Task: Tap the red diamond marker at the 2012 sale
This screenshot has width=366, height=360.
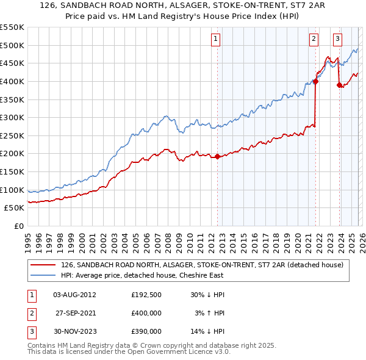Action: coord(217,156)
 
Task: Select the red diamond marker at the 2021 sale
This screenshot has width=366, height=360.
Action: coord(316,81)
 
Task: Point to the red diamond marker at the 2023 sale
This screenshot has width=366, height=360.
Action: coord(339,85)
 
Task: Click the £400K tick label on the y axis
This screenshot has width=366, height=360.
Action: coord(12,81)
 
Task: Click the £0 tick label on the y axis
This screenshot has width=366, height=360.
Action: coord(19,226)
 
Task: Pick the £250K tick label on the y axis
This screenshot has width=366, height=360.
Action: coord(12,135)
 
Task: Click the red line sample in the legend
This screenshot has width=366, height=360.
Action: coord(43,265)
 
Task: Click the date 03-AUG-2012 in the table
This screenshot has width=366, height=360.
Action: coord(74,295)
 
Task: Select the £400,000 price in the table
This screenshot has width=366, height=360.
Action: coord(146,313)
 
